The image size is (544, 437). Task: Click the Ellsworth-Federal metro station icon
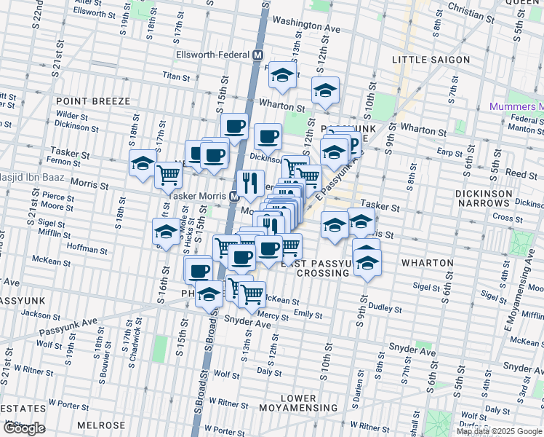[257, 55]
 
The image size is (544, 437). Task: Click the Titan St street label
[175, 75]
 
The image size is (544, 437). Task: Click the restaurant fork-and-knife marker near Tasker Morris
[251, 183]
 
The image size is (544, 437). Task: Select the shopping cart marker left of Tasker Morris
[168, 176]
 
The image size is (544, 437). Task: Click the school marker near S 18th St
[143, 164]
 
